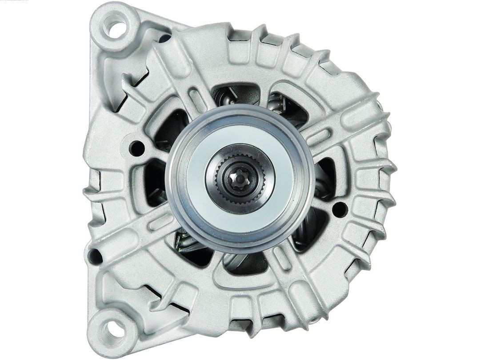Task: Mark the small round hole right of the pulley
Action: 340,209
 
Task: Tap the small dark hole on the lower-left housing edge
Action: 95,256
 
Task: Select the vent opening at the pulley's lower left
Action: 191,247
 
